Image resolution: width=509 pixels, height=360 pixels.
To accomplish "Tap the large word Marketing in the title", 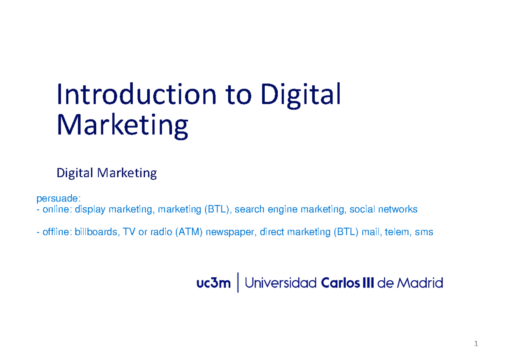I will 123,125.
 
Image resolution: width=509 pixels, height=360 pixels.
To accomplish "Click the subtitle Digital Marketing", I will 107,173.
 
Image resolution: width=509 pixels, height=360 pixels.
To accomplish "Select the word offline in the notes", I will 57,232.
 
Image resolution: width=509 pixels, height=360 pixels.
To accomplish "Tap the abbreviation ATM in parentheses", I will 188,232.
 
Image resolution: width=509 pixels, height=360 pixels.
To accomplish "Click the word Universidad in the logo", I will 281,283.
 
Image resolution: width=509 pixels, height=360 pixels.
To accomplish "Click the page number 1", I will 476,344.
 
